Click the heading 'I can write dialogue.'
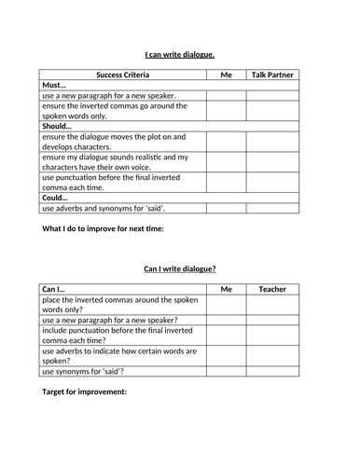pyautogui.click(x=180, y=54)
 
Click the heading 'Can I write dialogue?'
pyautogui.click(x=180, y=268)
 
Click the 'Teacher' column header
pyautogui.click(x=272, y=290)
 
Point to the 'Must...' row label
pyautogui.click(x=57, y=84)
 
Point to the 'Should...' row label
pyautogui.click(x=62, y=125)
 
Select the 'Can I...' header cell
pyautogui.click(x=57, y=290)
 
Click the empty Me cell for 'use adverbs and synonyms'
pyautogui.click(x=225, y=211)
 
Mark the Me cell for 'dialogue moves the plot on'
pyautogui.click(x=225, y=142)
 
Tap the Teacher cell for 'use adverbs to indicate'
pyautogui.click(x=272, y=356)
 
